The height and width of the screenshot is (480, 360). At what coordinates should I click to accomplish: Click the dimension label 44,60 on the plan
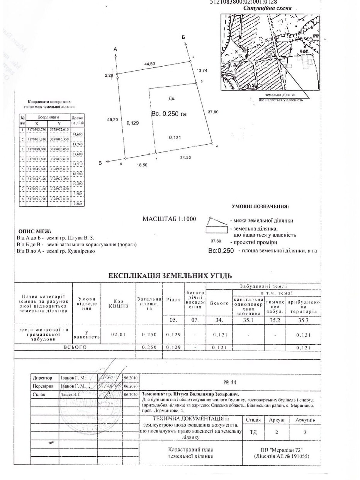[x=150, y=64]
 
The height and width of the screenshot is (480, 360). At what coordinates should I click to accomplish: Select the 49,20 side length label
[x=112, y=119]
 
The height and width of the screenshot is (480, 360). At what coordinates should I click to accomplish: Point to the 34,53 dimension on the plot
[x=185, y=157]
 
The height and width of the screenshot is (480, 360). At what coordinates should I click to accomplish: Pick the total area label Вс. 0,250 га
[x=169, y=114]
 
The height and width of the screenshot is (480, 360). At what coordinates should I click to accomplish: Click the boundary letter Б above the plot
[x=184, y=37]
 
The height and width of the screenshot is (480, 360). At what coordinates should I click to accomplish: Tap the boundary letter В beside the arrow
[x=100, y=163]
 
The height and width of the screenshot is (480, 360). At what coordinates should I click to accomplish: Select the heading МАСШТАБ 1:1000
[x=169, y=219]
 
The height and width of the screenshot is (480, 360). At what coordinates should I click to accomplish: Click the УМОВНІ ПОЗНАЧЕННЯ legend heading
[x=260, y=207]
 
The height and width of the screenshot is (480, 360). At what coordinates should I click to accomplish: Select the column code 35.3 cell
[x=303, y=320]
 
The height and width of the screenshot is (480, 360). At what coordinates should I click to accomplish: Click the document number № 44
[x=230, y=382]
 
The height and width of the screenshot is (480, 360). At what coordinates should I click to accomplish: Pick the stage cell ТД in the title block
[x=253, y=432]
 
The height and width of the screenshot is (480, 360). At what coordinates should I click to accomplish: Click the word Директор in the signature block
[x=43, y=378]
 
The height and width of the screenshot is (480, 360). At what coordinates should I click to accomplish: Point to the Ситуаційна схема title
[x=267, y=8]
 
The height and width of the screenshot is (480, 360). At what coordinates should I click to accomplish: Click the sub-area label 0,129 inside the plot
[x=133, y=123]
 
